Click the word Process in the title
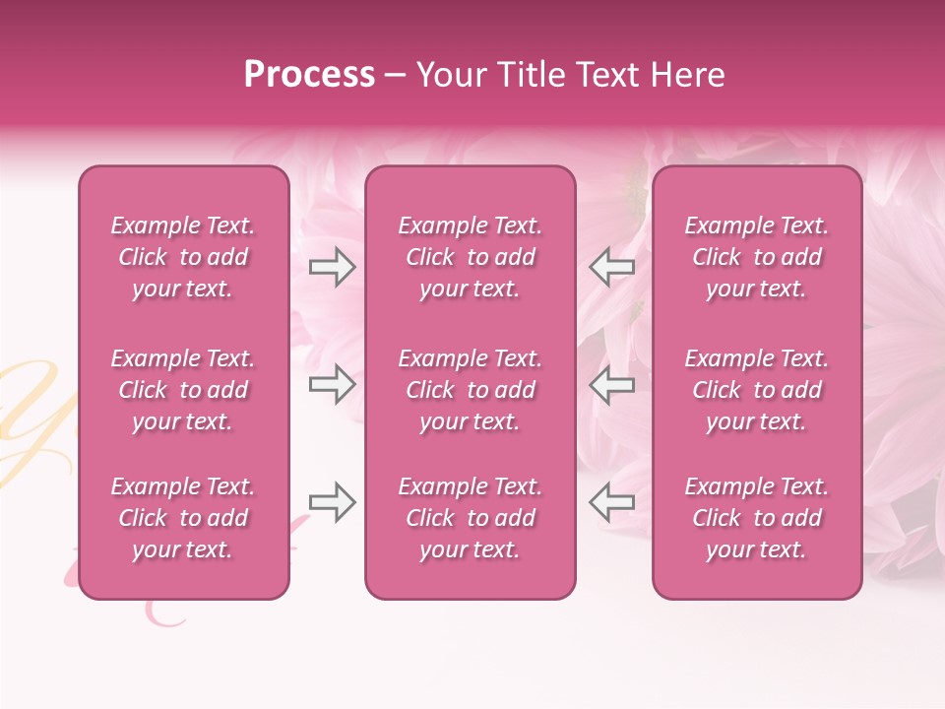[309, 75]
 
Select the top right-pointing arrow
[332, 267]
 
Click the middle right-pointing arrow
[332, 384]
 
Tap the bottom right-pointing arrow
[332, 501]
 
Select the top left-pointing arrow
[612, 267]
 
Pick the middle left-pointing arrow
[612, 384]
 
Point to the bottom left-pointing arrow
[612, 501]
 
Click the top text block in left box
[183, 257]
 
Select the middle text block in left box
[183, 390]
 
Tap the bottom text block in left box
[183, 518]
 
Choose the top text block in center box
[470, 257]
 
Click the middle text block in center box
[470, 390]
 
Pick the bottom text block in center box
[470, 518]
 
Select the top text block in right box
[756, 257]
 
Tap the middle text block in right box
[756, 390]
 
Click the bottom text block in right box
[756, 518]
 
